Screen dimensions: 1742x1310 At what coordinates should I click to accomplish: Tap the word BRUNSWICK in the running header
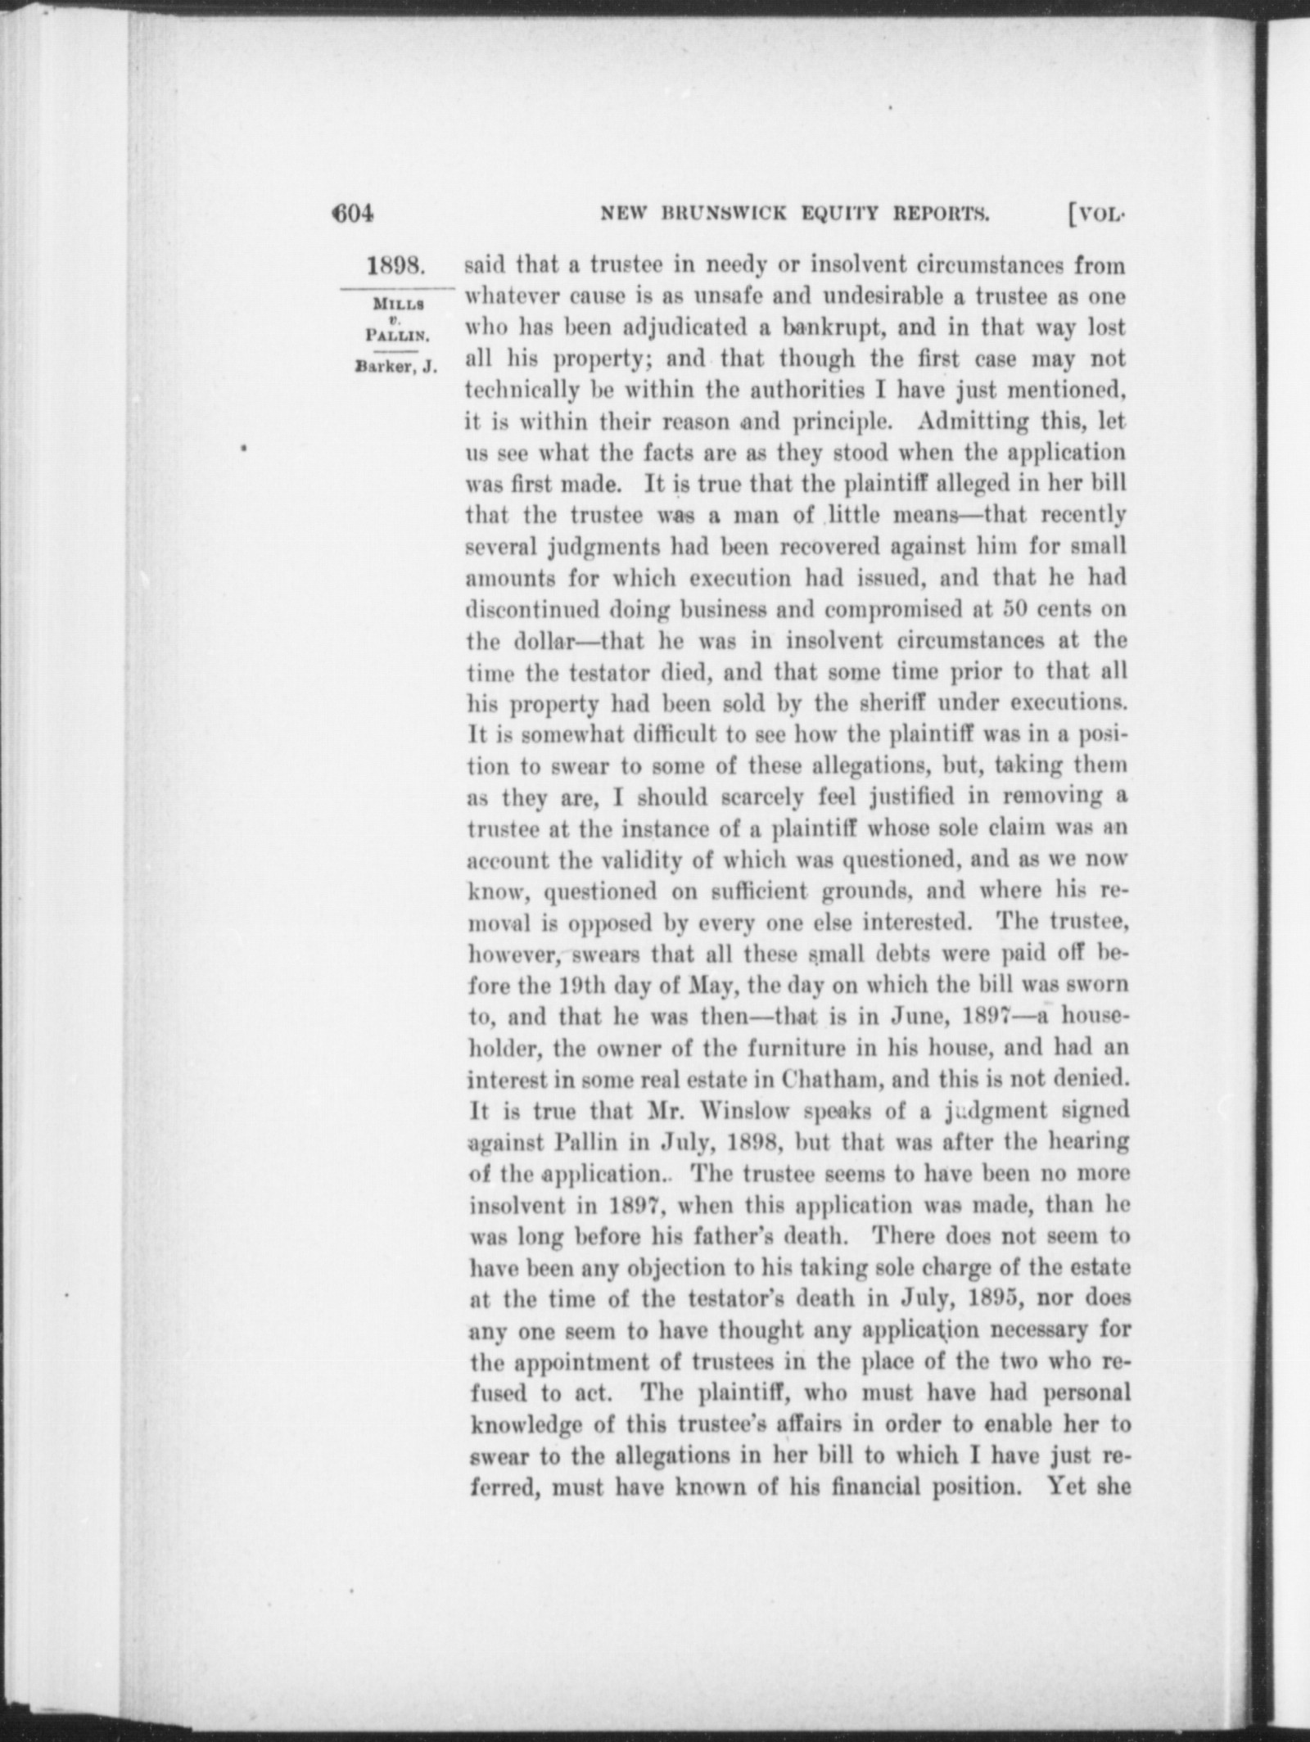point(719,214)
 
